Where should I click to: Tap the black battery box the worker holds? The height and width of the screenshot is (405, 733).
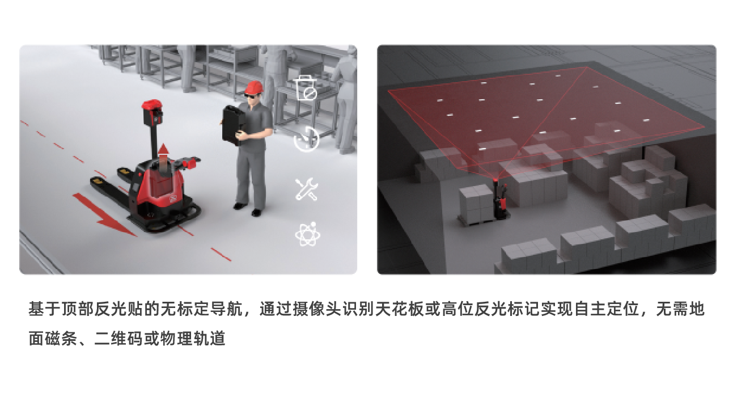(x=234, y=125)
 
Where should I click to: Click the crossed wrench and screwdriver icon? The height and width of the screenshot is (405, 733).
(x=306, y=189)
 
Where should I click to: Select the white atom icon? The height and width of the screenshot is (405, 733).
(x=307, y=234)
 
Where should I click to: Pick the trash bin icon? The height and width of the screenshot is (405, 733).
(x=306, y=88)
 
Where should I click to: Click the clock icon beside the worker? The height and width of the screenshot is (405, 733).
(x=307, y=139)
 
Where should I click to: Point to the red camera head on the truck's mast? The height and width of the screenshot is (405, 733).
(x=152, y=112)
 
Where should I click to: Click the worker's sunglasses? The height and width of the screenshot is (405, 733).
(x=251, y=95)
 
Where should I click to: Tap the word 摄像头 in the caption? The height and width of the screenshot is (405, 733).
(x=317, y=309)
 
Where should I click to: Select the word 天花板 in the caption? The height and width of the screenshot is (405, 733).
(x=399, y=309)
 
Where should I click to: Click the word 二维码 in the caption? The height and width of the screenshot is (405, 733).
(x=119, y=338)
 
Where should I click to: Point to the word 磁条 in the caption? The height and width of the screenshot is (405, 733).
(x=61, y=338)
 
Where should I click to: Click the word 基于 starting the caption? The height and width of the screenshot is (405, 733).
(x=45, y=309)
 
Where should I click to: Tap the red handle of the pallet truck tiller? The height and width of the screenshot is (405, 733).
(x=191, y=163)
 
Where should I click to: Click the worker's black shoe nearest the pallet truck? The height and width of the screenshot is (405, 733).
(x=240, y=206)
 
